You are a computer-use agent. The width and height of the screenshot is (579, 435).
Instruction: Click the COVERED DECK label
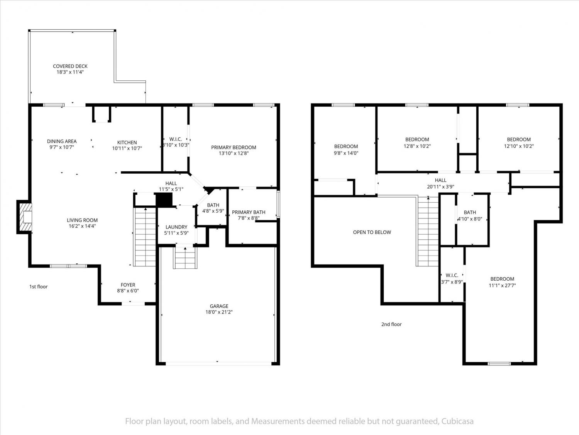pos(70,66)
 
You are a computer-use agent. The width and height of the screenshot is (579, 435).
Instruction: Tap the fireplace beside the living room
pos(25,217)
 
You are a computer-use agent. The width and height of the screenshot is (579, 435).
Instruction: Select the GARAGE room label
pos(219,306)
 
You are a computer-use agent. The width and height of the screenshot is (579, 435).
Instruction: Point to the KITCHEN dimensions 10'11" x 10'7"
pos(127,148)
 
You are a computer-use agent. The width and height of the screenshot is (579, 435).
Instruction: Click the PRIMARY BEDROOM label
pos(234,147)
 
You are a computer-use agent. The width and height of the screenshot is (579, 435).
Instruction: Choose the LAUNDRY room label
pos(176,227)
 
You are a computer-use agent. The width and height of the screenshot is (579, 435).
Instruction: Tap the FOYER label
pos(128,285)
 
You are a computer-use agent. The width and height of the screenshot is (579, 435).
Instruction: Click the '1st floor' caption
pos(39,287)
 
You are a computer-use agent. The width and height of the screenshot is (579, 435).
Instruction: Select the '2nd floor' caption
pos(391,324)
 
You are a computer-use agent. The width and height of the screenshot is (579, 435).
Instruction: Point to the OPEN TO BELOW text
pos(372,232)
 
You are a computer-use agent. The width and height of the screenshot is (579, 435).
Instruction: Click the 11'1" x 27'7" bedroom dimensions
pos(502,285)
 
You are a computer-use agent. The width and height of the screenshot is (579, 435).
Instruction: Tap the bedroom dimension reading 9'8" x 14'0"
pos(346,153)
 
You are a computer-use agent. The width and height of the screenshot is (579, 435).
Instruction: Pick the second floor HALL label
pos(440,180)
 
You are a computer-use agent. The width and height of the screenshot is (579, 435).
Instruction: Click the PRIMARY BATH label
pos(249,212)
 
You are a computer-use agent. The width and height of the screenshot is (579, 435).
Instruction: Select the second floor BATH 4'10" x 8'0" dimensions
pos(470,219)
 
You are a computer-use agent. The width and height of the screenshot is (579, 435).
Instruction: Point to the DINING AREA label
pos(62,141)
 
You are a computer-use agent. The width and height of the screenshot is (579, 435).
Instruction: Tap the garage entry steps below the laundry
pos(185,258)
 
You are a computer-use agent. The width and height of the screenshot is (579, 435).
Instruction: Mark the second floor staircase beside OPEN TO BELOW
pos(427,232)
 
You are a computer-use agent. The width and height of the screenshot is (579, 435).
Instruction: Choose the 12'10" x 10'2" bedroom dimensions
pos(519,146)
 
